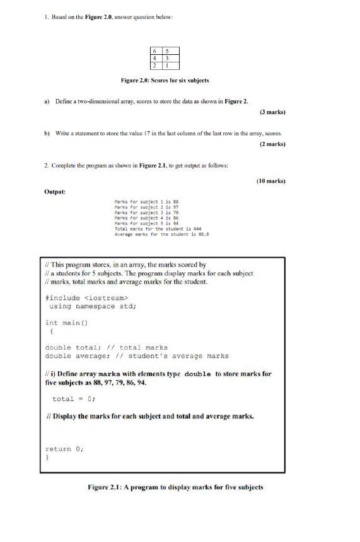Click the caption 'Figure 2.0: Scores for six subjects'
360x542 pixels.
point(165,81)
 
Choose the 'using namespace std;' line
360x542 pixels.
point(93,306)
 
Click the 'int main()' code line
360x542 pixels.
point(66,322)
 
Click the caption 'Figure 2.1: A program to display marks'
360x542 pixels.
point(175,487)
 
